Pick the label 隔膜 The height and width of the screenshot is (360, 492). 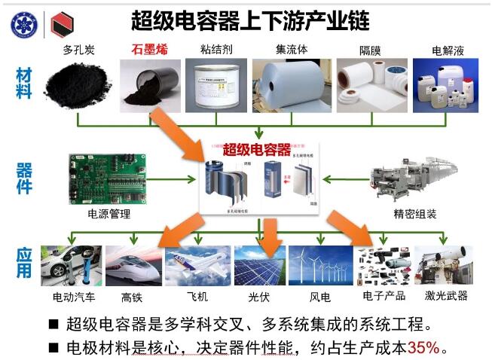(x=370, y=51)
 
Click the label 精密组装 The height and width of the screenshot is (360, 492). (x=414, y=214)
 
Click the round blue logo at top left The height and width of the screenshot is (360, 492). (x=23, y=25)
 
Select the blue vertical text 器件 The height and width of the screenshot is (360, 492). (x=24, y=178)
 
